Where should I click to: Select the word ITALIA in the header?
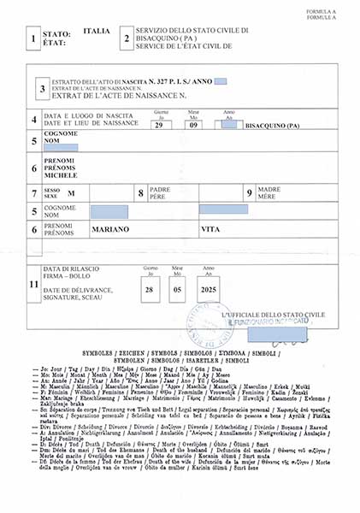pyautogui.click(x=97, y=31)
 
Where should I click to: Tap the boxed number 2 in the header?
pyautogui.click(x=127, y=38)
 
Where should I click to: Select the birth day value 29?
pyautogui.click(x=160, y=125)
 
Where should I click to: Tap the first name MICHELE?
pyautogui.click(x=74, y=174)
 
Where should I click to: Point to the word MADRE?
pyautogui.click(x=269, y=189)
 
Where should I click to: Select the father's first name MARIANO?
pyautogui.click(x=111, y=229)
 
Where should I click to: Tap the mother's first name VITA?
pyautogui.click(x=209, y=229)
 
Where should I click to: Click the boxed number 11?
pyautogui.click(x=33, y=283)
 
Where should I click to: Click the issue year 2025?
pyautogui.click(x=207, y=289)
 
